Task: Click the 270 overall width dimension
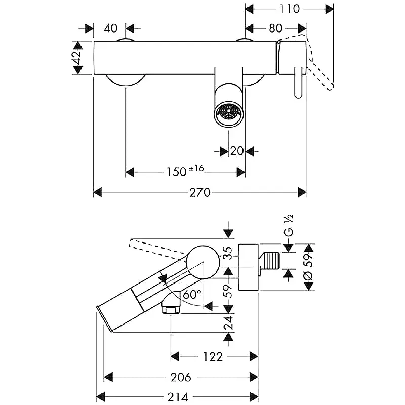(200, 192)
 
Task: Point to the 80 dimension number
(275, 28)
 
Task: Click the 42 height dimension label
(77, 57)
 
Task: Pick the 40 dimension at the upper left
(110, 28)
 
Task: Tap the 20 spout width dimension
(237, 151)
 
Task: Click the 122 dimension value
(213, 356)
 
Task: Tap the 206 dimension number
(180, 377)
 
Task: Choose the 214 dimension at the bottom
(177, 397)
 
